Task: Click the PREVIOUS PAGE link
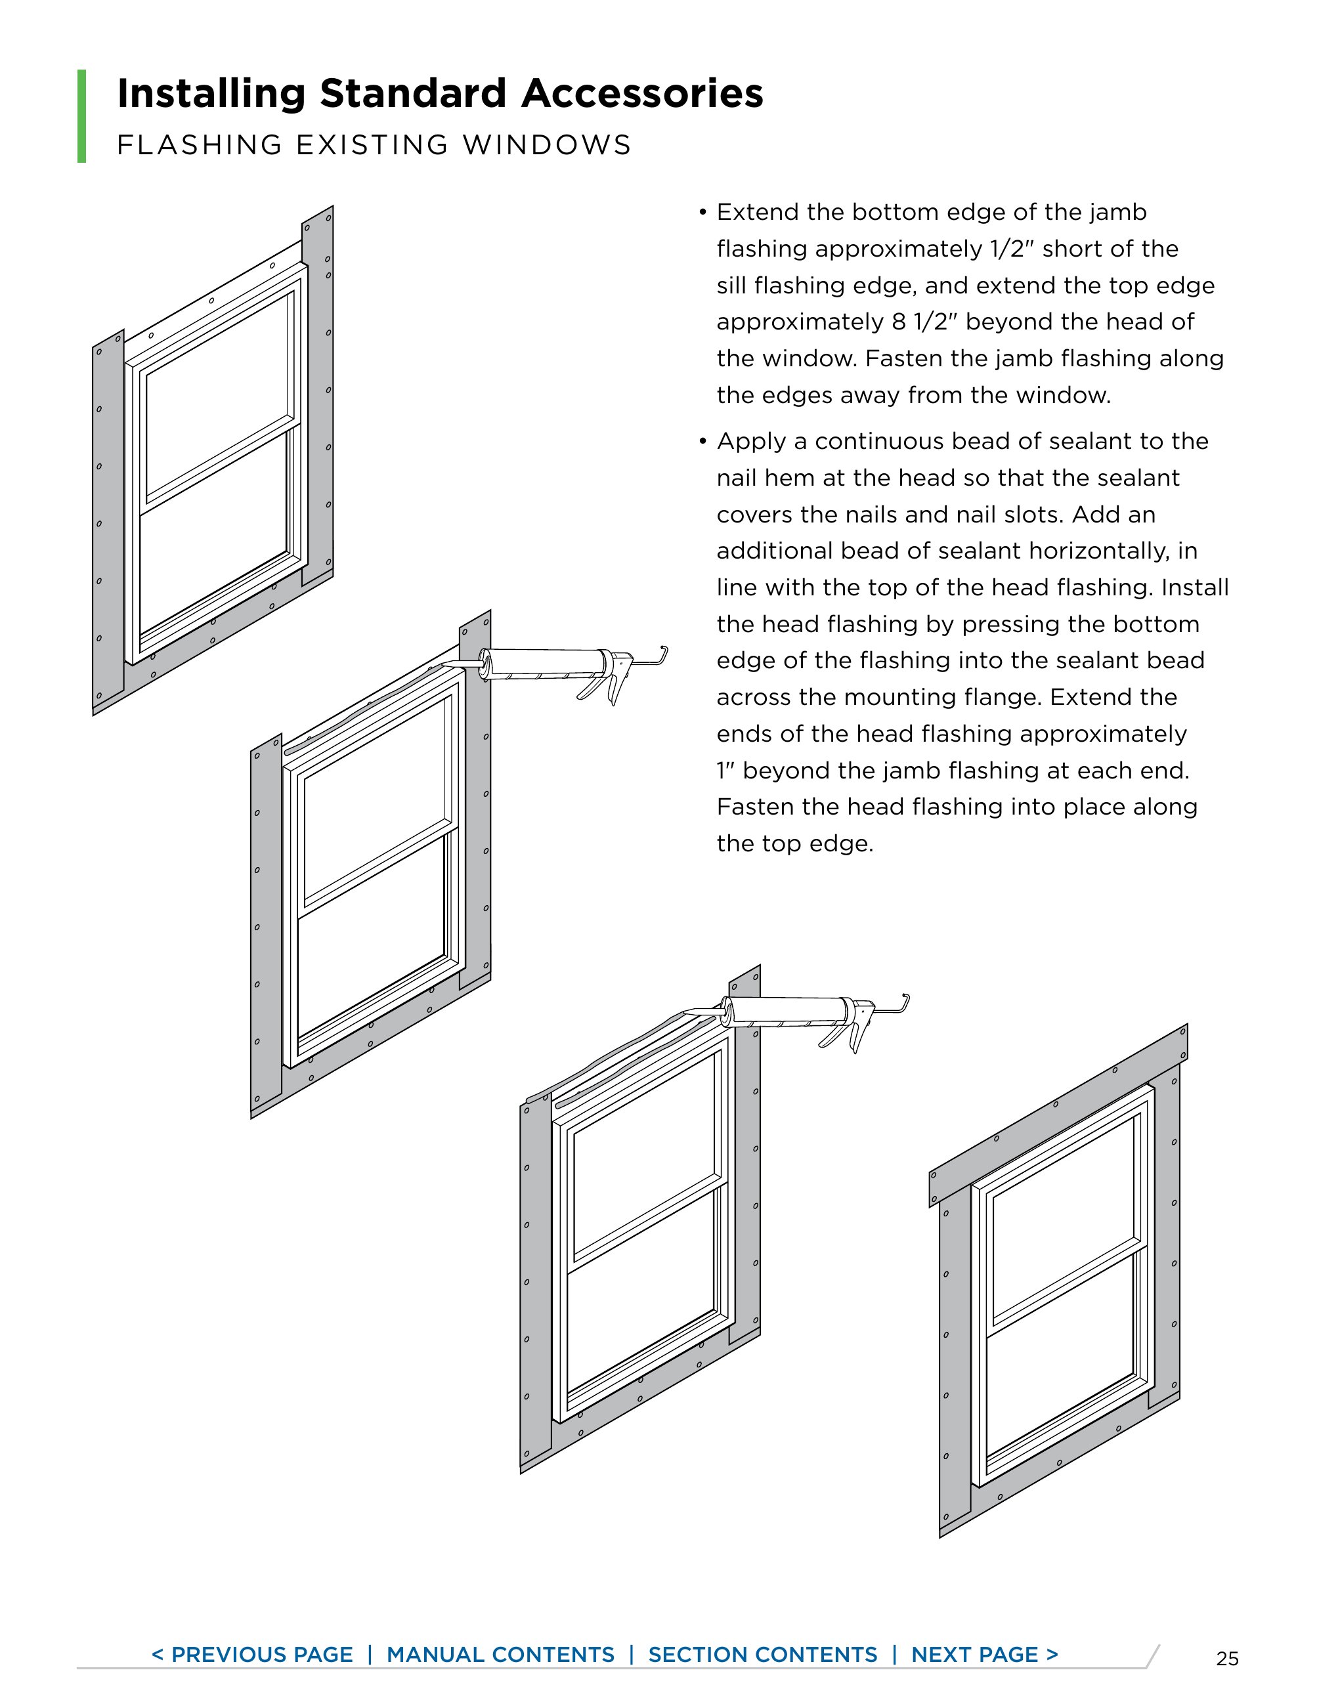252,1654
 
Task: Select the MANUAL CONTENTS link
500,1654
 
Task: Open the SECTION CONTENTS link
762,1654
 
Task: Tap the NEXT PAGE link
984,1654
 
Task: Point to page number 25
1226,1659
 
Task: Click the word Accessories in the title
641,94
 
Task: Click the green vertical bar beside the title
82,116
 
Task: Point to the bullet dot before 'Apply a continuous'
702,442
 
